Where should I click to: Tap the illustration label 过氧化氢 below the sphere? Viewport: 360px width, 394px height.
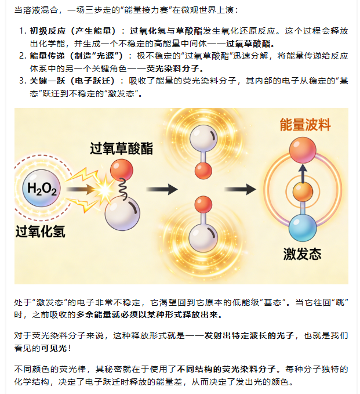pos(40,232)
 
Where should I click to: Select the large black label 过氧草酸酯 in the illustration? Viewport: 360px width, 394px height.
pos(121,148)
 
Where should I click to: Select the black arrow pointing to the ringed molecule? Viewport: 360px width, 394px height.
pos(239,189)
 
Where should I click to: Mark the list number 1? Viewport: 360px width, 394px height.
pos(23,30)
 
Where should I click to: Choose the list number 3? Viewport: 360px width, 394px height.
pos(23,81)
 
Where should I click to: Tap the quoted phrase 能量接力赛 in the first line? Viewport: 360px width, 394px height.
pos(130,10)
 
